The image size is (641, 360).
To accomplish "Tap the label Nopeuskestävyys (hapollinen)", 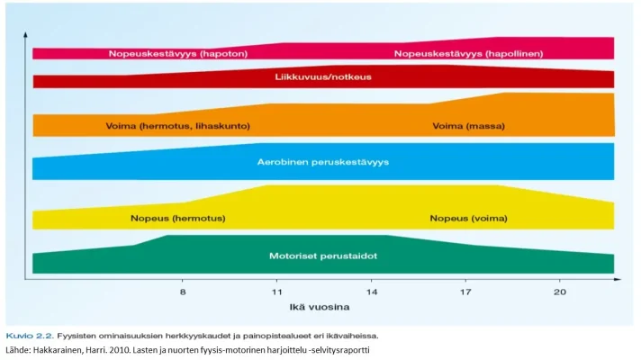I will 468,54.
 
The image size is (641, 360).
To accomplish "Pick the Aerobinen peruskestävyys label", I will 322,163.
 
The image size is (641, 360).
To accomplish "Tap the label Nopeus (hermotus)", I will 177,218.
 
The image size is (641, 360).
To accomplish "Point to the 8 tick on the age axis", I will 183,292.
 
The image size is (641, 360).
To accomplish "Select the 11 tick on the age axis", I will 277,292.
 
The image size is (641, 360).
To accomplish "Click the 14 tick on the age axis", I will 371,292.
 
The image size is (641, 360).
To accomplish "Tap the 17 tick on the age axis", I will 465,292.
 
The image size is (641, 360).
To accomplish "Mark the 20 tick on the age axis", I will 559,292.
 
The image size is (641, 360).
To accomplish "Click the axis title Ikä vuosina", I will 324,308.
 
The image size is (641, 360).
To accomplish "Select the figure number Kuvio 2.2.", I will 24,332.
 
